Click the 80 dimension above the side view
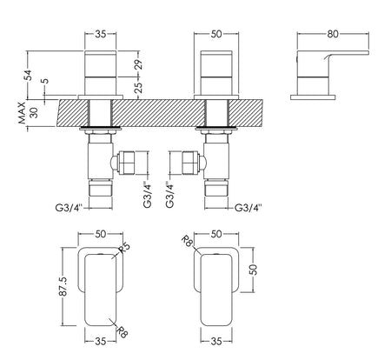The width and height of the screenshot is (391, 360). pos(333,34)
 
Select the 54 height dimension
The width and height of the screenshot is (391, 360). pos(29,75)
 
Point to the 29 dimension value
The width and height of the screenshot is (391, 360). pos(138,64)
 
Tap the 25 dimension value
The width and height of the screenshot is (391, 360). pos(138,88)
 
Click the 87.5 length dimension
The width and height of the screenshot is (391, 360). pos(63,286)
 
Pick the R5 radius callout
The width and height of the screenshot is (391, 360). pos(123,249)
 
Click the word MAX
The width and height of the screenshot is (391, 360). pos(23,113)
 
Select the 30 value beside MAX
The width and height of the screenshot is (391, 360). pos(34,113)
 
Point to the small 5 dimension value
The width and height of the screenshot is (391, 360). pos(45,81)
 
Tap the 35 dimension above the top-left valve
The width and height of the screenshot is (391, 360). pos(101,34)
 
